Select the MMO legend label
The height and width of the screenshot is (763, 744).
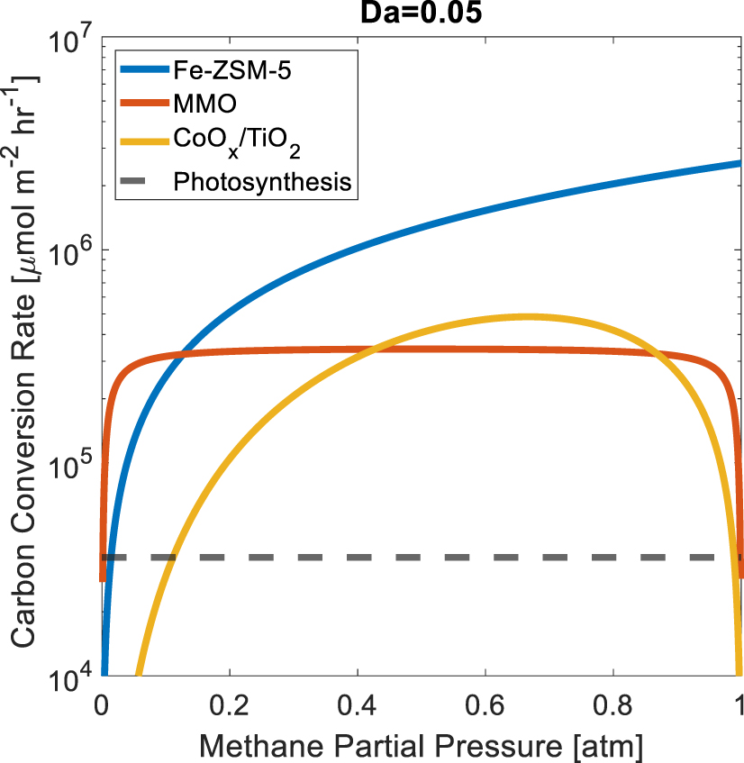coord(204,104)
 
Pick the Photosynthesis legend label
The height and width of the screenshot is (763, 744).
coord(261,182)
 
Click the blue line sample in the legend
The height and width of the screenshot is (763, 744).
coord(144,67)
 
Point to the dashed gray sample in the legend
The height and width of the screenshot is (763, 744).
coord(144,182)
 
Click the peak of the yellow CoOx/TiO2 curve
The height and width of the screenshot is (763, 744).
coord(529,316)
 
